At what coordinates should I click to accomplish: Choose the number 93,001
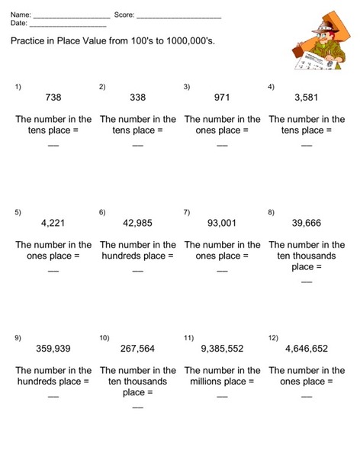[222, 224]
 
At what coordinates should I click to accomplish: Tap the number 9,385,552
[222, 349]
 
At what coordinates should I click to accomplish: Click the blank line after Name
[72, 17]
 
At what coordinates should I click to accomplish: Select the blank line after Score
[178, 17]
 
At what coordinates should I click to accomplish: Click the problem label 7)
[187, 212]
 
